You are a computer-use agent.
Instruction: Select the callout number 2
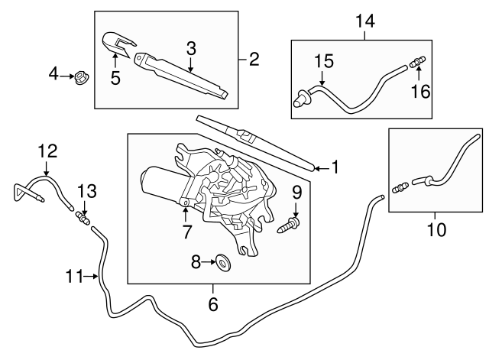click(x=254, y=58)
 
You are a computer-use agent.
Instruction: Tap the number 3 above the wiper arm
click(x=191, y=48)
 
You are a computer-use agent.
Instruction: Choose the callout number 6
click(x=213, y=304)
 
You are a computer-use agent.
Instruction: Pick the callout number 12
click(x=47, y=151)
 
